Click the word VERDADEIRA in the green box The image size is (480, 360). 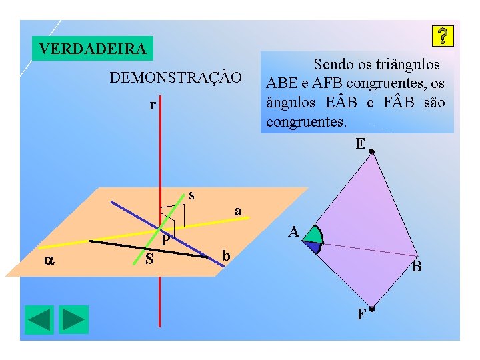point(93,49)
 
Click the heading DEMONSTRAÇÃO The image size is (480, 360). point(176,77)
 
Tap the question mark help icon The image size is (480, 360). point(443,36)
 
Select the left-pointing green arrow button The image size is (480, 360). point(39,319)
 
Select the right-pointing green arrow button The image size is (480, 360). point(73,319)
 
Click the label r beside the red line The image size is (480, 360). point(153,105)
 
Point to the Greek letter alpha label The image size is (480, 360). point(49,261)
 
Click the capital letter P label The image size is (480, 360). point(166,239)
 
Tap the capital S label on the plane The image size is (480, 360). point(150,259)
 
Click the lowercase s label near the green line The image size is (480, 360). point(191,195)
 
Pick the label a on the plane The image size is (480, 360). point(237,211)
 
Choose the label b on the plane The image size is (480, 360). point(227,255)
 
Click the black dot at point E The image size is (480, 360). point(372,151)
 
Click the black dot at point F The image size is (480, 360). point(372,309)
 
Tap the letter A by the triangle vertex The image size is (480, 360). point(293,232)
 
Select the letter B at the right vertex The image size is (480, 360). point(417,267)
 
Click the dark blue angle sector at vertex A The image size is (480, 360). point(311,246)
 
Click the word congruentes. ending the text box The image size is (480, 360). point(306,123)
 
